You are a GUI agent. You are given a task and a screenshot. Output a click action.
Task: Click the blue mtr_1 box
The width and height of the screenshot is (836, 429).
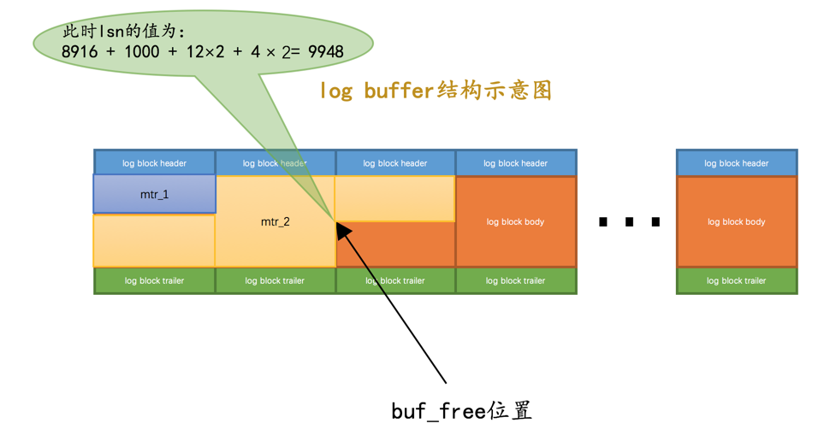(x=155, y=194)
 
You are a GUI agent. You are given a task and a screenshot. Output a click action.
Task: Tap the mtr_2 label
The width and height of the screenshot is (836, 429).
(x=276, y=221)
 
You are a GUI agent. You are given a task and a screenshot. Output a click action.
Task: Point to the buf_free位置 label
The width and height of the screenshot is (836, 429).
(x=462, y=411)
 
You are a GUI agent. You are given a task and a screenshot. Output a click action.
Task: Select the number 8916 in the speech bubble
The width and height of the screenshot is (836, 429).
(x=80, y=51)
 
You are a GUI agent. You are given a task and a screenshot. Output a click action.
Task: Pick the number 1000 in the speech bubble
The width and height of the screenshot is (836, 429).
(x=142, y=51)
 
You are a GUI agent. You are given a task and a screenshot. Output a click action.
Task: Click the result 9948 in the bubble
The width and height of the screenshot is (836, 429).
(x=326, y=51)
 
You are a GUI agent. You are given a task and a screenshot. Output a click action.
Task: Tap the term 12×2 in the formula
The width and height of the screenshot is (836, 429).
(x=205, y=51)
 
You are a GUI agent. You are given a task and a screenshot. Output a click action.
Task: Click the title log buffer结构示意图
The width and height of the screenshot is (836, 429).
(x=436, y=91)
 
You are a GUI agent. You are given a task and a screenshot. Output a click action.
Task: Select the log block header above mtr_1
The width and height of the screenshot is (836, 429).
(x=155, y=163)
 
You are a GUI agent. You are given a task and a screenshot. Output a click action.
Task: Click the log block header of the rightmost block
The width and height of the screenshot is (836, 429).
(x=736, y=163)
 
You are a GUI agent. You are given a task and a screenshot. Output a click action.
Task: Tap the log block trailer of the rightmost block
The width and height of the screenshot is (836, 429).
(x=736, y=280)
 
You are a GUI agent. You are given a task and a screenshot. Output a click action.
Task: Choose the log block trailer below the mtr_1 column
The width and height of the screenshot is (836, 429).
(x=155, y=280)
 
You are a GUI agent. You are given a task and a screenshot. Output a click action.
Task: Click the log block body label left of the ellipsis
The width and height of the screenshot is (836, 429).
(x=515, y=221)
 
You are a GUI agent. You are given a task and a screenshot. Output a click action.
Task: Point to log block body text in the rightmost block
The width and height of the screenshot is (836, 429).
(x=736, y=221)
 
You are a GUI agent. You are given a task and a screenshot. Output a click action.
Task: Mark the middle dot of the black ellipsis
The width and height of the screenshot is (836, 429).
(x=629, y=221)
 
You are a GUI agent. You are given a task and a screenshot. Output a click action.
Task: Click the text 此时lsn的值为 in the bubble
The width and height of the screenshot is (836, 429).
(x=124, y=32)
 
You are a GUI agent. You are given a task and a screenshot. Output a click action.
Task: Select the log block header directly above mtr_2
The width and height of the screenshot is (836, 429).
(x=276, y=163)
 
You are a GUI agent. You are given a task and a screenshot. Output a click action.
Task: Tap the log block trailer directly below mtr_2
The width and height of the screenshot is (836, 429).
(x=276, y=280)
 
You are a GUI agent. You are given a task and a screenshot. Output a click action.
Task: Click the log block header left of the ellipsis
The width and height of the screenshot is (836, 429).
(x=516, y=163)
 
